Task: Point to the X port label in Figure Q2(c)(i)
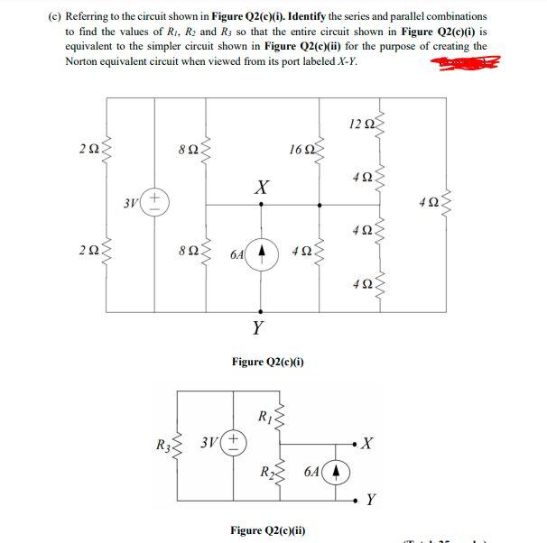coord(260,187)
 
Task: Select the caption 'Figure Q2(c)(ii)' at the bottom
coord(267,529)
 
